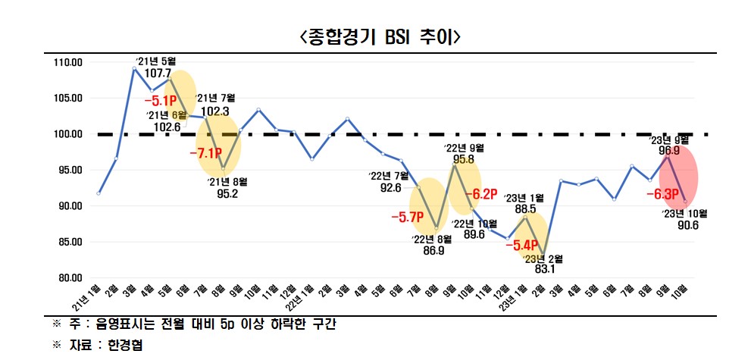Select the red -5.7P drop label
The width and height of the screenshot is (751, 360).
tap(407, 218)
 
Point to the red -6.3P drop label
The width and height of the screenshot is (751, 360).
tap(661, 193)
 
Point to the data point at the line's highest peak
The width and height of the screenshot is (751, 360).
tap(134, 68)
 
